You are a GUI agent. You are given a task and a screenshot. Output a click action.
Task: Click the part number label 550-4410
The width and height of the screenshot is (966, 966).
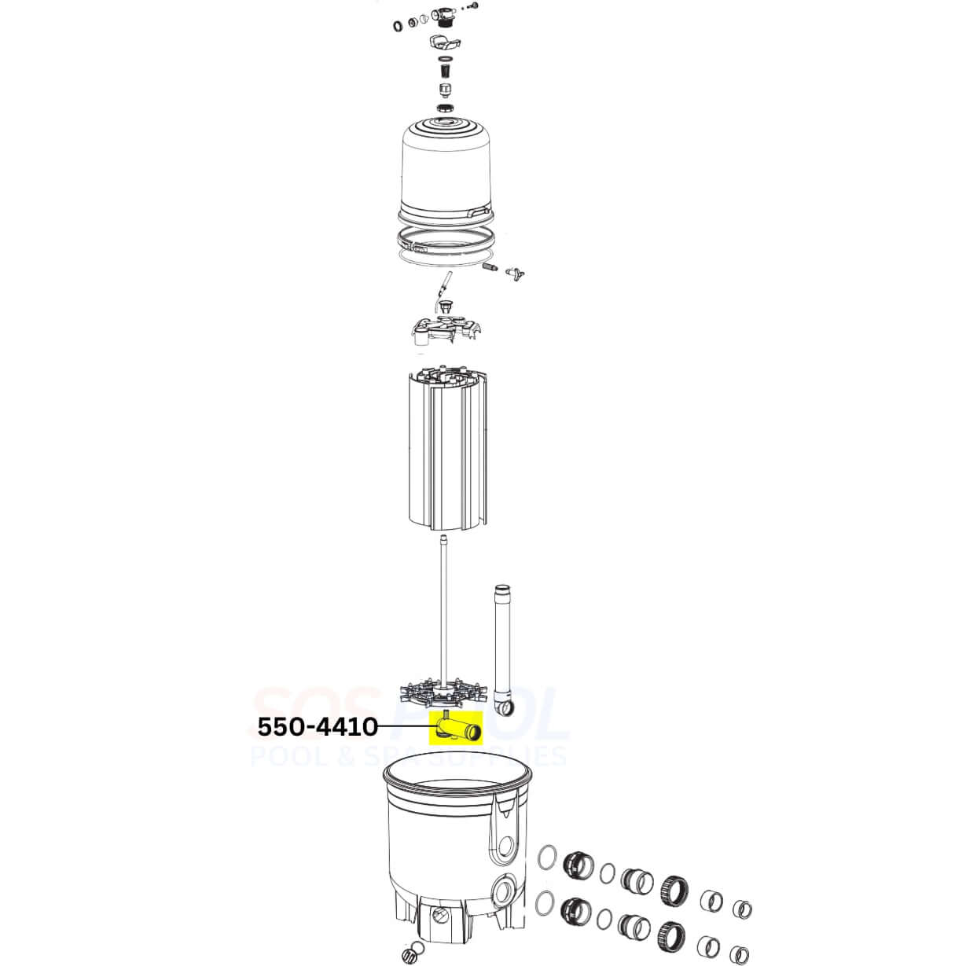tap(318, 728)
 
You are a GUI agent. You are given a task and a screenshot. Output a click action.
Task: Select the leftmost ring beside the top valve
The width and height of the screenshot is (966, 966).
tap(399, 27)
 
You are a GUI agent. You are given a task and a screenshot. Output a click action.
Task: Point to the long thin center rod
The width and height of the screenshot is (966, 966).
tap(446, 605)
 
